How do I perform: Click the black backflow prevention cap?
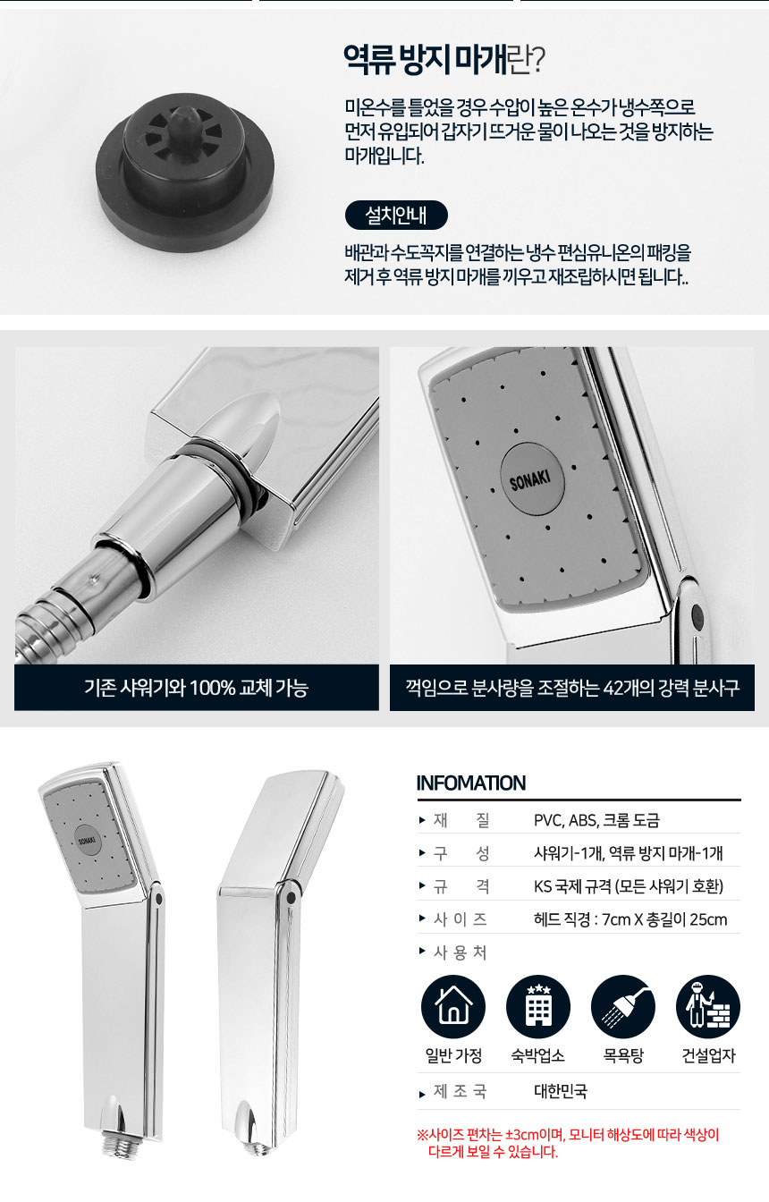point(185,173)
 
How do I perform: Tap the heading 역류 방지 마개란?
point(444,60)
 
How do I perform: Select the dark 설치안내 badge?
point(396,216)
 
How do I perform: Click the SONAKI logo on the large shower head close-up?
point(532,479)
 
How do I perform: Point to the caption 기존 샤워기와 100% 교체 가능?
point(197,688)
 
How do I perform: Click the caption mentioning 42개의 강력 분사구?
point(572,688)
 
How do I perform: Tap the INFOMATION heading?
point(471,783)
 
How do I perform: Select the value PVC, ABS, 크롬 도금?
point(596,820)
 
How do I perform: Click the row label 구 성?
point(461,853)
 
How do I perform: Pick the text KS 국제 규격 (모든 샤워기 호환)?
point(629,886)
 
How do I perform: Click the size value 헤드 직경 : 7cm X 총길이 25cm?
point(630,919)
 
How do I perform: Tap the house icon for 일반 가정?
point(453,1007)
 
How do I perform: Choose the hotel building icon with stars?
point(538,1007)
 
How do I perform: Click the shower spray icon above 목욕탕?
point(623,1007)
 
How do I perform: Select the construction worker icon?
point(708,1007)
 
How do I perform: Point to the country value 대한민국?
point(561,1091)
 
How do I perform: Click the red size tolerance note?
point(568,1143)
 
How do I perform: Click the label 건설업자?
point(708,1055)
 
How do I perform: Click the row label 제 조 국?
point(460,1091)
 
